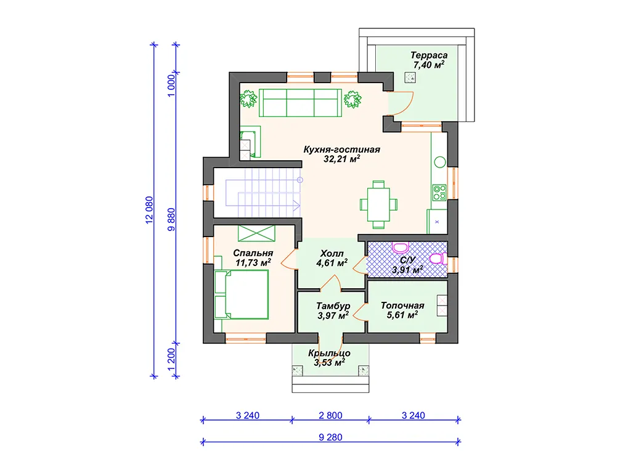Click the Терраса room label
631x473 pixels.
[429, 55]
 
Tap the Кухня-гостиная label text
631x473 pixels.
[341, 150]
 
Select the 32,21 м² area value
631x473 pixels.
[341, 159]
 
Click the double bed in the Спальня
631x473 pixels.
[242, 294]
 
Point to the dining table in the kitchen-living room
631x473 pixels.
[378, 204]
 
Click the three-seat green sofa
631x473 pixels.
[300, 103]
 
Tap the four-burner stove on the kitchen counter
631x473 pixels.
[439, 193]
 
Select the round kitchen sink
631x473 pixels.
[440, 162]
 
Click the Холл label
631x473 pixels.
[332, 254]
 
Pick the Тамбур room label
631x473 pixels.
[333, 306]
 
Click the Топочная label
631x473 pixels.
[402, 305]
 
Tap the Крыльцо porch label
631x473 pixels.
[329, 353]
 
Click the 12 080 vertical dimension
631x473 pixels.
[149, 210]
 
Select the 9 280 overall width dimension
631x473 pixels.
[330, 437]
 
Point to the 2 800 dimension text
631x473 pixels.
[330, 416]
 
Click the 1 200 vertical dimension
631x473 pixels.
[171, 360]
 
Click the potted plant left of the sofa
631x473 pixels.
[248, 99]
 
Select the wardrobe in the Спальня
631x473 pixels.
[256, 233]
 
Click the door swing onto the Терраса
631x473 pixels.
[403, 103]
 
